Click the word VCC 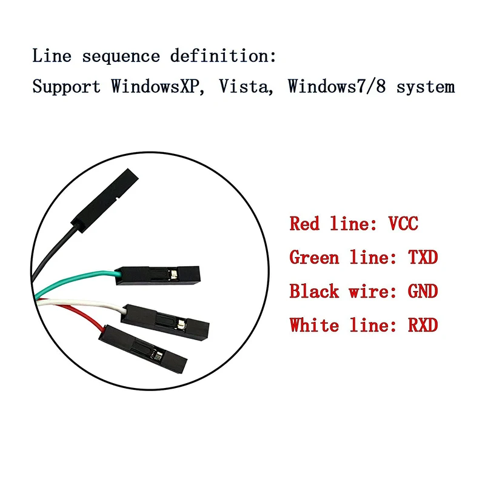403,224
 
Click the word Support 66,86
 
